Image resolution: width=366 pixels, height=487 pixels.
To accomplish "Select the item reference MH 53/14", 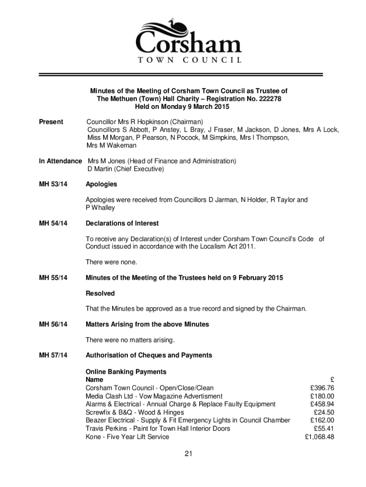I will tap(53, 184).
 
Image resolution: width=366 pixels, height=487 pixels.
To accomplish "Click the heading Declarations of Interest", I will tap(122, 223).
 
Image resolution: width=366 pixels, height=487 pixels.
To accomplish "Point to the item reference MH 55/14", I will tap(53, 278).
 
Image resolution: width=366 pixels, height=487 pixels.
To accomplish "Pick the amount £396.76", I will tap(322, 388).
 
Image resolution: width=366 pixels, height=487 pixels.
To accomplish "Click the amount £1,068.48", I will tap(319, 437).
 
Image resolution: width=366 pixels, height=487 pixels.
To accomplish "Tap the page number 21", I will tap(189, 454).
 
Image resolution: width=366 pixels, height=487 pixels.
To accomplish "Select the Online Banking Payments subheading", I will tap(126, 372).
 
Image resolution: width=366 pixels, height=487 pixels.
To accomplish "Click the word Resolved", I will tap(100, 293).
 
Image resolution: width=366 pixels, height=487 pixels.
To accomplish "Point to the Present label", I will tap(51, 122).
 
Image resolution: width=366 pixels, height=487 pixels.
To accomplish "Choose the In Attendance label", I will tap(60, 161).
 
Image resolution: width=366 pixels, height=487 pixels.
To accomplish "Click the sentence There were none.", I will tap(111, 262).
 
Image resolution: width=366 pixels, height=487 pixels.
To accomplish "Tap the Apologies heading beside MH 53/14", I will tap(101, 184).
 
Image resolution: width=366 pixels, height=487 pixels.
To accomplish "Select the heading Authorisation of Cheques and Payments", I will tap(149, 355).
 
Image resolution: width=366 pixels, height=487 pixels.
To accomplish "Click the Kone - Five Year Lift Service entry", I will tap(127, 437).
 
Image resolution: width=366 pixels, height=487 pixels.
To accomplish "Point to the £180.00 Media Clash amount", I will tap(322, 396).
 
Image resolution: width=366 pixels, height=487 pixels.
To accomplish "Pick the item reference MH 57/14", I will tap(53, 355).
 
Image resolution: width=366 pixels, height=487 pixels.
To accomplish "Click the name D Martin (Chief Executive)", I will tap(125, 169).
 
